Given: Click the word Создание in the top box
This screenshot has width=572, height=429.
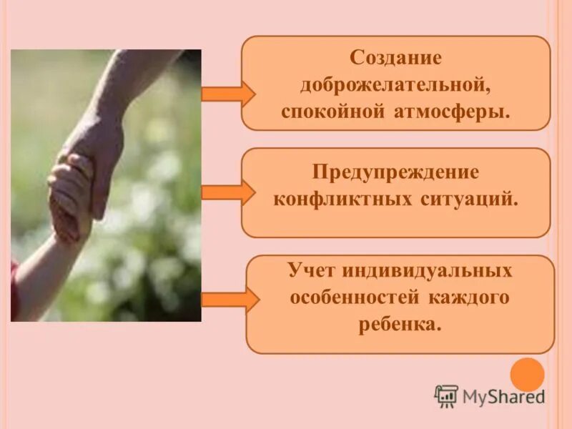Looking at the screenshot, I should click(x=395, y=58).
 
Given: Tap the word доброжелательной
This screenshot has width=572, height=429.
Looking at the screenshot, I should click(x=395, y=86).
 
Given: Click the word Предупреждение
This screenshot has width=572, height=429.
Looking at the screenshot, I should click(x=395, y=172).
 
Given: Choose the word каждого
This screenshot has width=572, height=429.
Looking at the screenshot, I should click(x=469, y=298).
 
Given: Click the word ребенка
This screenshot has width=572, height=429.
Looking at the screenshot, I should click(x=399, y=325).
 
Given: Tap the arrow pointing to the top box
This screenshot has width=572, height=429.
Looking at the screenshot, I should click(x=227, y=94).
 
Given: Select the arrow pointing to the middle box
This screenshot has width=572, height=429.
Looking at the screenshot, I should click(x=227, y=192).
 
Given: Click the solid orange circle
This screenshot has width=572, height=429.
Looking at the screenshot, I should click(x=528, y=374).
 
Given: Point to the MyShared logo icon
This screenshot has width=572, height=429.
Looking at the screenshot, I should click(x=446, y=396).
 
